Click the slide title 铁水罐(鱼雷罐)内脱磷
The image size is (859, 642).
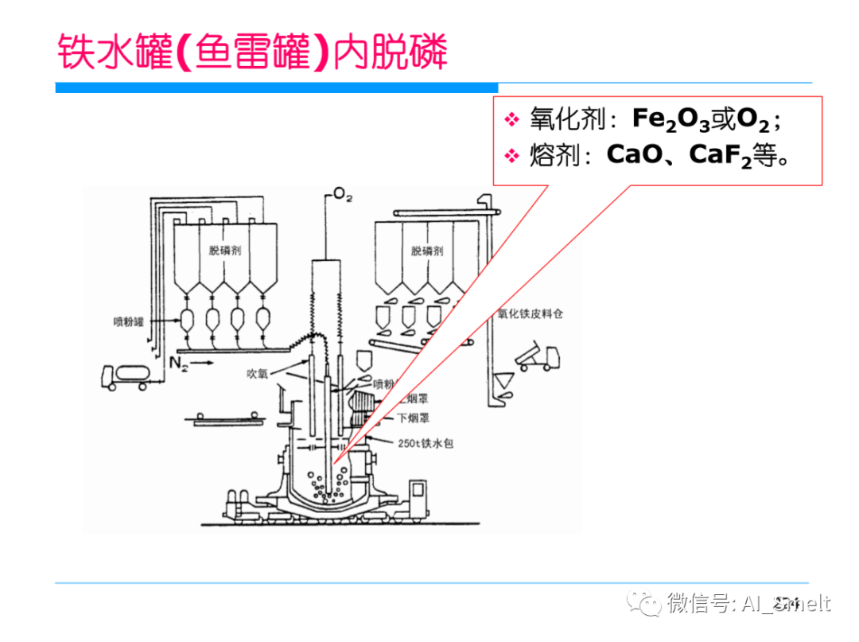coord(253,53)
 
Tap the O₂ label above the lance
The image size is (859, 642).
coord(343,196)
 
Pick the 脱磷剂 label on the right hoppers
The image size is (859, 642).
coord(427,251)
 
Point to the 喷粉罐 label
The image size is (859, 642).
coord(128,322)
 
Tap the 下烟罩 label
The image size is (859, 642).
coord(411,417)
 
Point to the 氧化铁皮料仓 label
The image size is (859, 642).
coord(531,314)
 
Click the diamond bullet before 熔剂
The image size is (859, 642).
coord(511,155)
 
